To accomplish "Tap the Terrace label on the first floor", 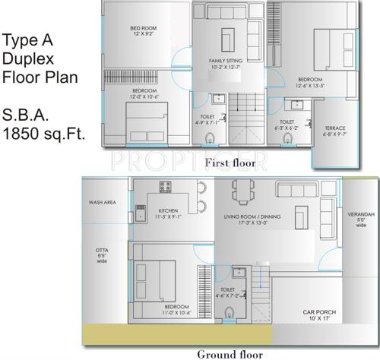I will (335, 131).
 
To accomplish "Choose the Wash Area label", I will (102, 203).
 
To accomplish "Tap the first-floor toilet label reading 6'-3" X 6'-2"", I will (287, 125).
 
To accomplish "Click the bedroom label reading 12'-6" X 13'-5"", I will (311, 82).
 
